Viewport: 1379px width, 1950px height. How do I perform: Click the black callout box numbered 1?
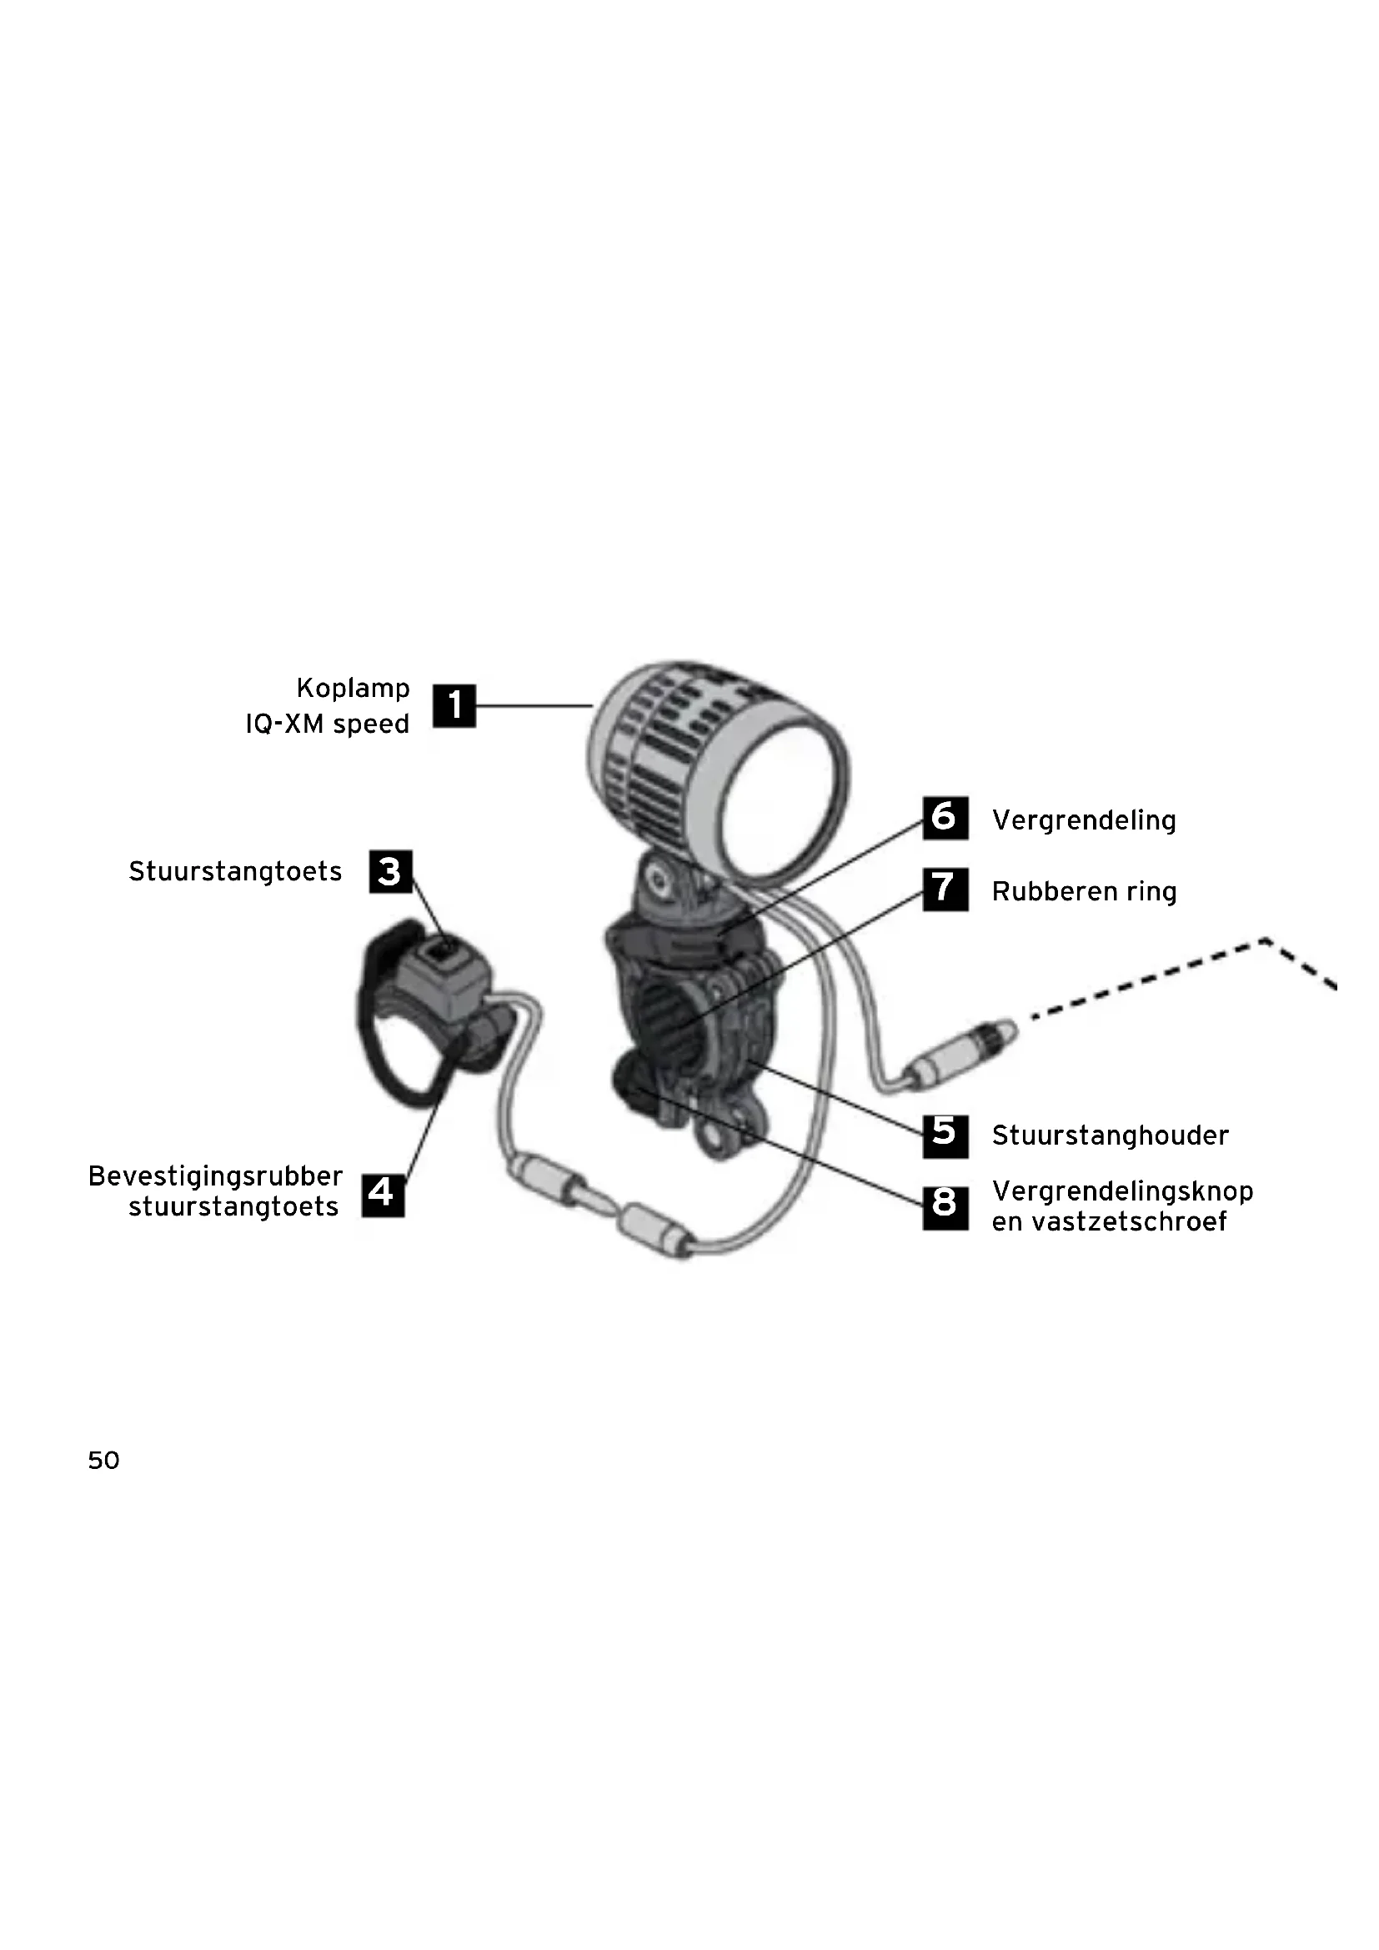pyautogui.click(x=454, y=706)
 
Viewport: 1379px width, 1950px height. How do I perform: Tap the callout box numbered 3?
pyautogui.click(x=390, y=871)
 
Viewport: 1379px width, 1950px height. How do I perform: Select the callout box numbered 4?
pyautogui.click(x=383, y=1195)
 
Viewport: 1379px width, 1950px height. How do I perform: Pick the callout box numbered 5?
pyautogui.click(x=945, y=1136)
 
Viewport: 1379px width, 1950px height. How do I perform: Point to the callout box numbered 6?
pyautogui.click(x=945, y=818)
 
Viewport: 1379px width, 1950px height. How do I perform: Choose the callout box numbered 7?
pyautogui.click(x=945, y=890)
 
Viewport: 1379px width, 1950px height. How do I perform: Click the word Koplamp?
pyautogui.click(x=354, y=688)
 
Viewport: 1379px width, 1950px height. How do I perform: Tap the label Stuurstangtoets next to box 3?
pyautogui.click(x=235, y=871)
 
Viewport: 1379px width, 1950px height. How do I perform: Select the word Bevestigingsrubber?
pyautogui.click(x=216, y=1176)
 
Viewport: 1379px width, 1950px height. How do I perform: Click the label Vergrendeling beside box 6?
pyautogui.click(x=1084, y=820)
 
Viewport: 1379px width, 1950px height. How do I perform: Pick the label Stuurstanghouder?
pyautogui.click(x=1110, y=1135)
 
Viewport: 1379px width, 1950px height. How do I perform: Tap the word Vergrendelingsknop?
pyautogui.click(x=1122, y=1191)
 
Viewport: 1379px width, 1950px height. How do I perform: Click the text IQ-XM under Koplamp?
pyautogui.click(x=285, y=724)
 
